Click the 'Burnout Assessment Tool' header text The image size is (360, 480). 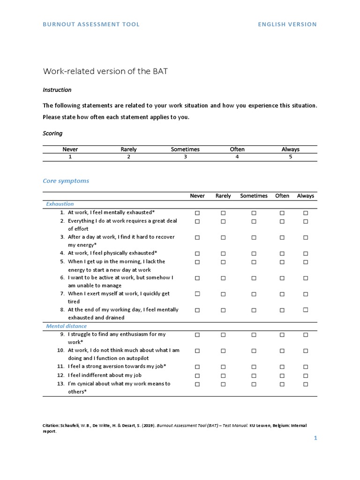coord(91,24)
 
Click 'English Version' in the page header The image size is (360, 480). coord(287,24)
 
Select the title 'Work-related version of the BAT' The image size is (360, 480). coord(105,71)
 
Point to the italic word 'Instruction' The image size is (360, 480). coord(57,90)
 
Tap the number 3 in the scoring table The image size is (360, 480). coord(185,157)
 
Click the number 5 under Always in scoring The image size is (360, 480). coord(291,157)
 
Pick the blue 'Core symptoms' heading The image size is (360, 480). coord(66,180)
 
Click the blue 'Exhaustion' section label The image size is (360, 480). coord(60,204)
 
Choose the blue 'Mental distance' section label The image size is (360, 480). coord(66,326)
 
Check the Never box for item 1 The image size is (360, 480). coord(197,213)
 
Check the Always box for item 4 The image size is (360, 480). coord(306,254)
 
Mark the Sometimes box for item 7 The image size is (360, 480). coord(254,294)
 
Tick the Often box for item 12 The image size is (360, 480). coord(282,375)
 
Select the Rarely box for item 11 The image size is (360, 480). coord(223,367)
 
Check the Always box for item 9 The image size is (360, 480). coord(306,335)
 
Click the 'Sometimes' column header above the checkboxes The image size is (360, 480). coord(254,196)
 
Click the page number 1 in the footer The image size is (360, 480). coord(315,438)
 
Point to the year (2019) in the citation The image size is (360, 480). coord(146,426)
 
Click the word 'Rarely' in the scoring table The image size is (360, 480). coord(128,149)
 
